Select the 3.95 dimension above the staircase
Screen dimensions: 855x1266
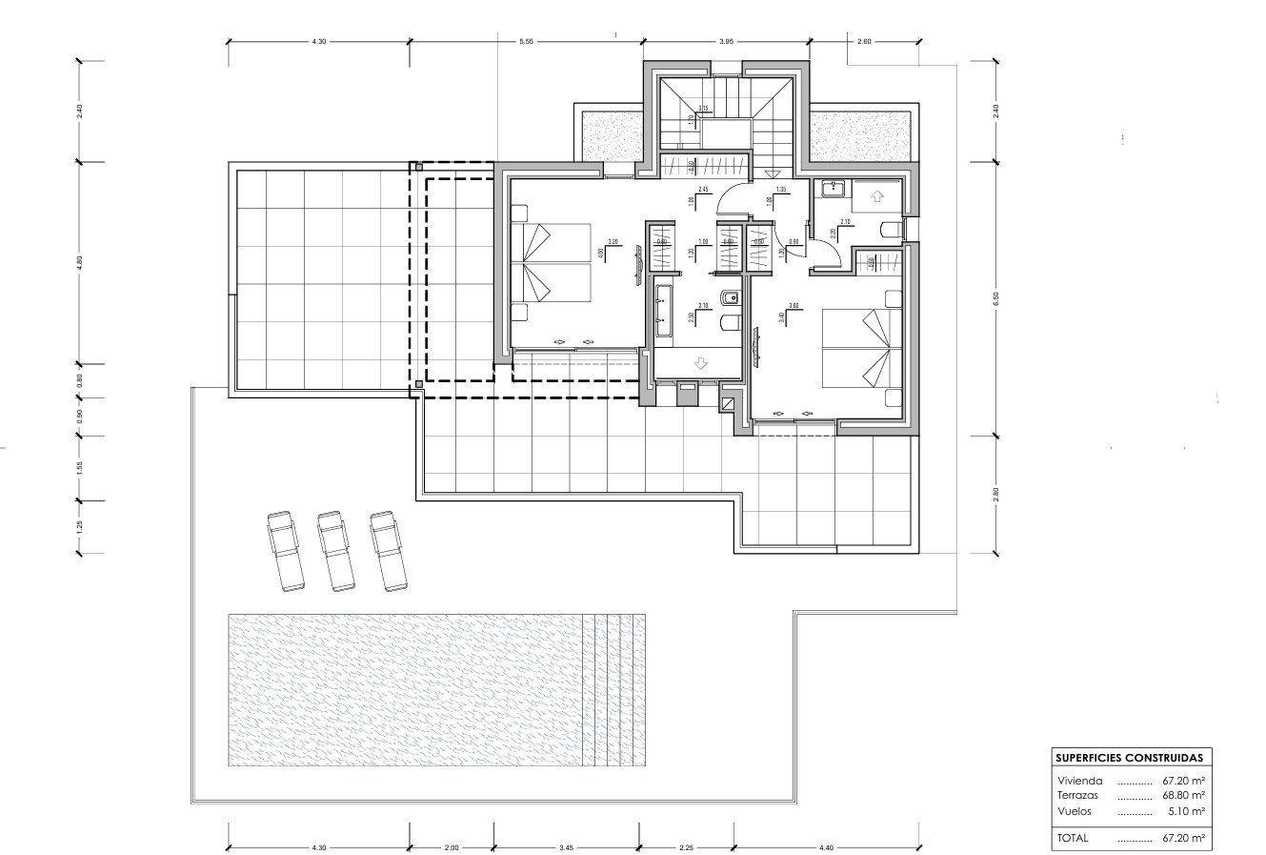pos(726,42)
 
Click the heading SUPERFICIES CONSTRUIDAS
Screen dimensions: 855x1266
pos(1128,758)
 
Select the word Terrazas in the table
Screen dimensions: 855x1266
pos(1077,794)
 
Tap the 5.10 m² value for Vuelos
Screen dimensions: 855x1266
pos(1187,810)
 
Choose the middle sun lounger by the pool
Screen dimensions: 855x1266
pos(334,550)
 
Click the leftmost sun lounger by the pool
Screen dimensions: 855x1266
pos(283,550)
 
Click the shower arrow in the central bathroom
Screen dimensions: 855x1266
pos(701,363)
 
